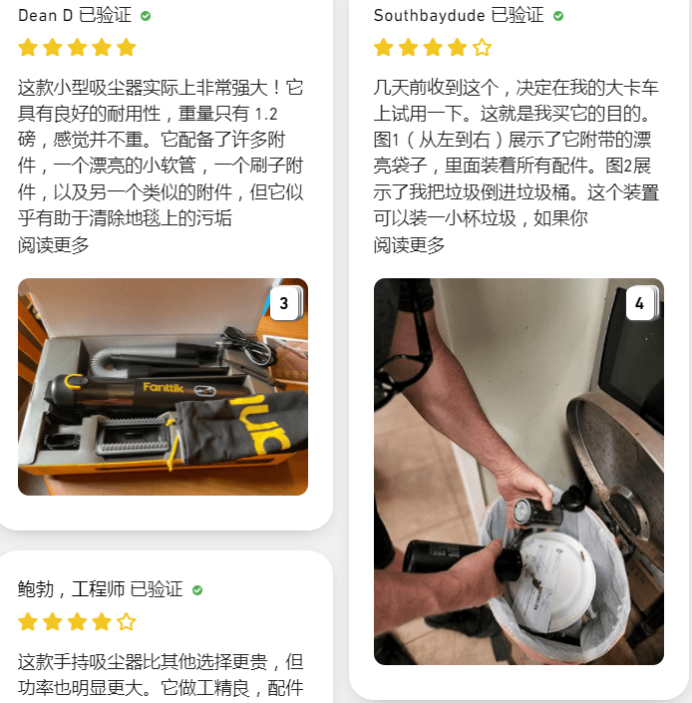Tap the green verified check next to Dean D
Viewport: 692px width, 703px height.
[x=146, y=16]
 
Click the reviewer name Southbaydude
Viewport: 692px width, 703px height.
[x=429, y=16]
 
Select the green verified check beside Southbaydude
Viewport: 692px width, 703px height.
[x=558, y=16]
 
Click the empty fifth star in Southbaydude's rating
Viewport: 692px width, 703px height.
[x=482, y=47]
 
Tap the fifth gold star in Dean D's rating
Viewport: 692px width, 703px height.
[x=126, y=47]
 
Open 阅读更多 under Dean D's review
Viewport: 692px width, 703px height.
[x=54, y=245]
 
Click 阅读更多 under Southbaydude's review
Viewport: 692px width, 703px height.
[x=410, y=245]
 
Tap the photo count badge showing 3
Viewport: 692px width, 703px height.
[x=283, y=304]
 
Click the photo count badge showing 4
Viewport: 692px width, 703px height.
[x=639, y=304]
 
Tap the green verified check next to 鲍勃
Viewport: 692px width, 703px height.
[x=197, y=590]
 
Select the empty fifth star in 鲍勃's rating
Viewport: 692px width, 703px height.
[x=126, y=622]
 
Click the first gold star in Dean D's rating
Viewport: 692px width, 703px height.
[x=28, y=47]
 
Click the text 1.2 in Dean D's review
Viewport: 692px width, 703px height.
[x=267, y=114]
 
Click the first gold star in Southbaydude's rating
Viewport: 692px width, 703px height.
[x=384, y=47]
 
